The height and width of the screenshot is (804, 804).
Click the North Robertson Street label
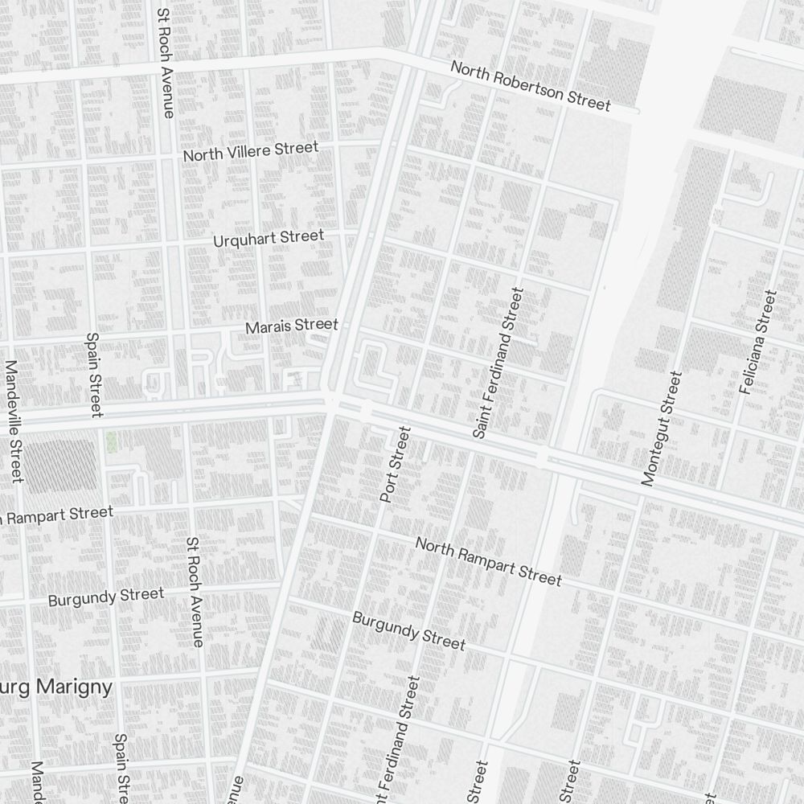coord(531,85)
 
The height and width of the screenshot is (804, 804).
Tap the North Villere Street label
coord(251,150)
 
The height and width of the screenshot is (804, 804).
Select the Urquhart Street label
coord(269,239)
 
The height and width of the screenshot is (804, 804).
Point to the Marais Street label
coord(292,326)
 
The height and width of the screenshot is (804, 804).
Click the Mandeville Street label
coord(13,420)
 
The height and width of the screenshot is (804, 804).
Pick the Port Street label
coord(395,466)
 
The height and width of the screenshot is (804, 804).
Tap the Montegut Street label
coord(662,428)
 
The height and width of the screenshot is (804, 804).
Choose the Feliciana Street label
coord(758,342)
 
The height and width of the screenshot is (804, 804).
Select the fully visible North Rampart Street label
coord(488,561)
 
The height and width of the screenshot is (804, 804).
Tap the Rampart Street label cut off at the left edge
coord(56,514)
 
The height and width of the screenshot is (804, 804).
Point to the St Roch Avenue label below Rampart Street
coord(194,592)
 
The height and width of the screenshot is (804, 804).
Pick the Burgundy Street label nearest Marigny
coord(105,597)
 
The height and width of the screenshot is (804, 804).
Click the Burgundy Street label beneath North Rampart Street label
coord(408,630)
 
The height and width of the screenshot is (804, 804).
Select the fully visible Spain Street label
coord(94,375)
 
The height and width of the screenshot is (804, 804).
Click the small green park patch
coord(111,441)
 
